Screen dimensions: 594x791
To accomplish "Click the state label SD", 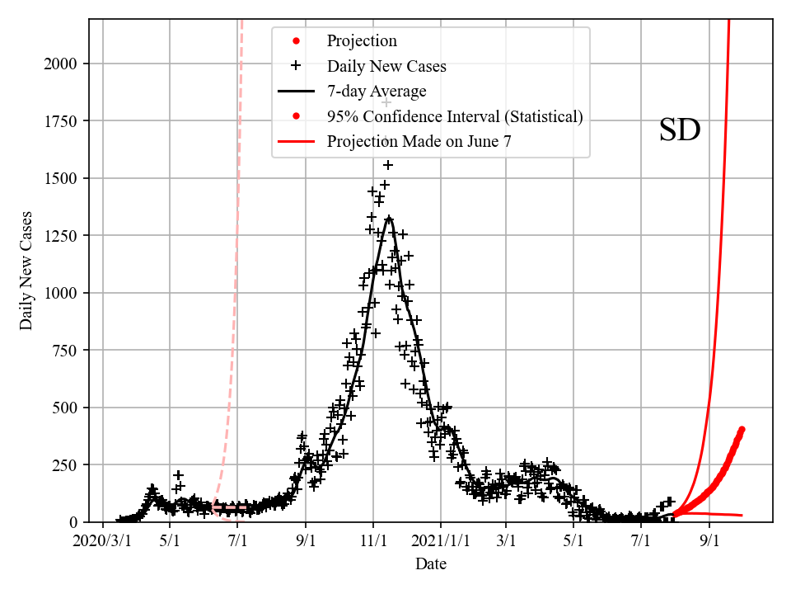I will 680,130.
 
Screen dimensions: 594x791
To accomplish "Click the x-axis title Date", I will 431,563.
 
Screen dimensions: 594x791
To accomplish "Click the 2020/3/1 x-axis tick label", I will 102,541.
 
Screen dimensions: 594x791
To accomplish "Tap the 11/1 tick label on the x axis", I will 373,541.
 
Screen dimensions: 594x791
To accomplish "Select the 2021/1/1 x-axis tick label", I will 441,541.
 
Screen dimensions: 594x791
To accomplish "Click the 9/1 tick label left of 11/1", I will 306,541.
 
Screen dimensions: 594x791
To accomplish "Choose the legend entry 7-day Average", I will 376,91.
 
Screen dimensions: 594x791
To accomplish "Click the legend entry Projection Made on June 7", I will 419,141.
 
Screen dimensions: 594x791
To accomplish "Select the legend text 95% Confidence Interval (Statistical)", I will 454,116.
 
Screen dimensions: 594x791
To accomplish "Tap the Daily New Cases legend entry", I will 386,66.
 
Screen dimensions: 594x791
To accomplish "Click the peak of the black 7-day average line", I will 389,218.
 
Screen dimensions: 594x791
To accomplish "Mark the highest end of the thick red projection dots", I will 742,429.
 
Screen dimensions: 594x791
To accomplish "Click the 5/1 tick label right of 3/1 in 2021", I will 574,541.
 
